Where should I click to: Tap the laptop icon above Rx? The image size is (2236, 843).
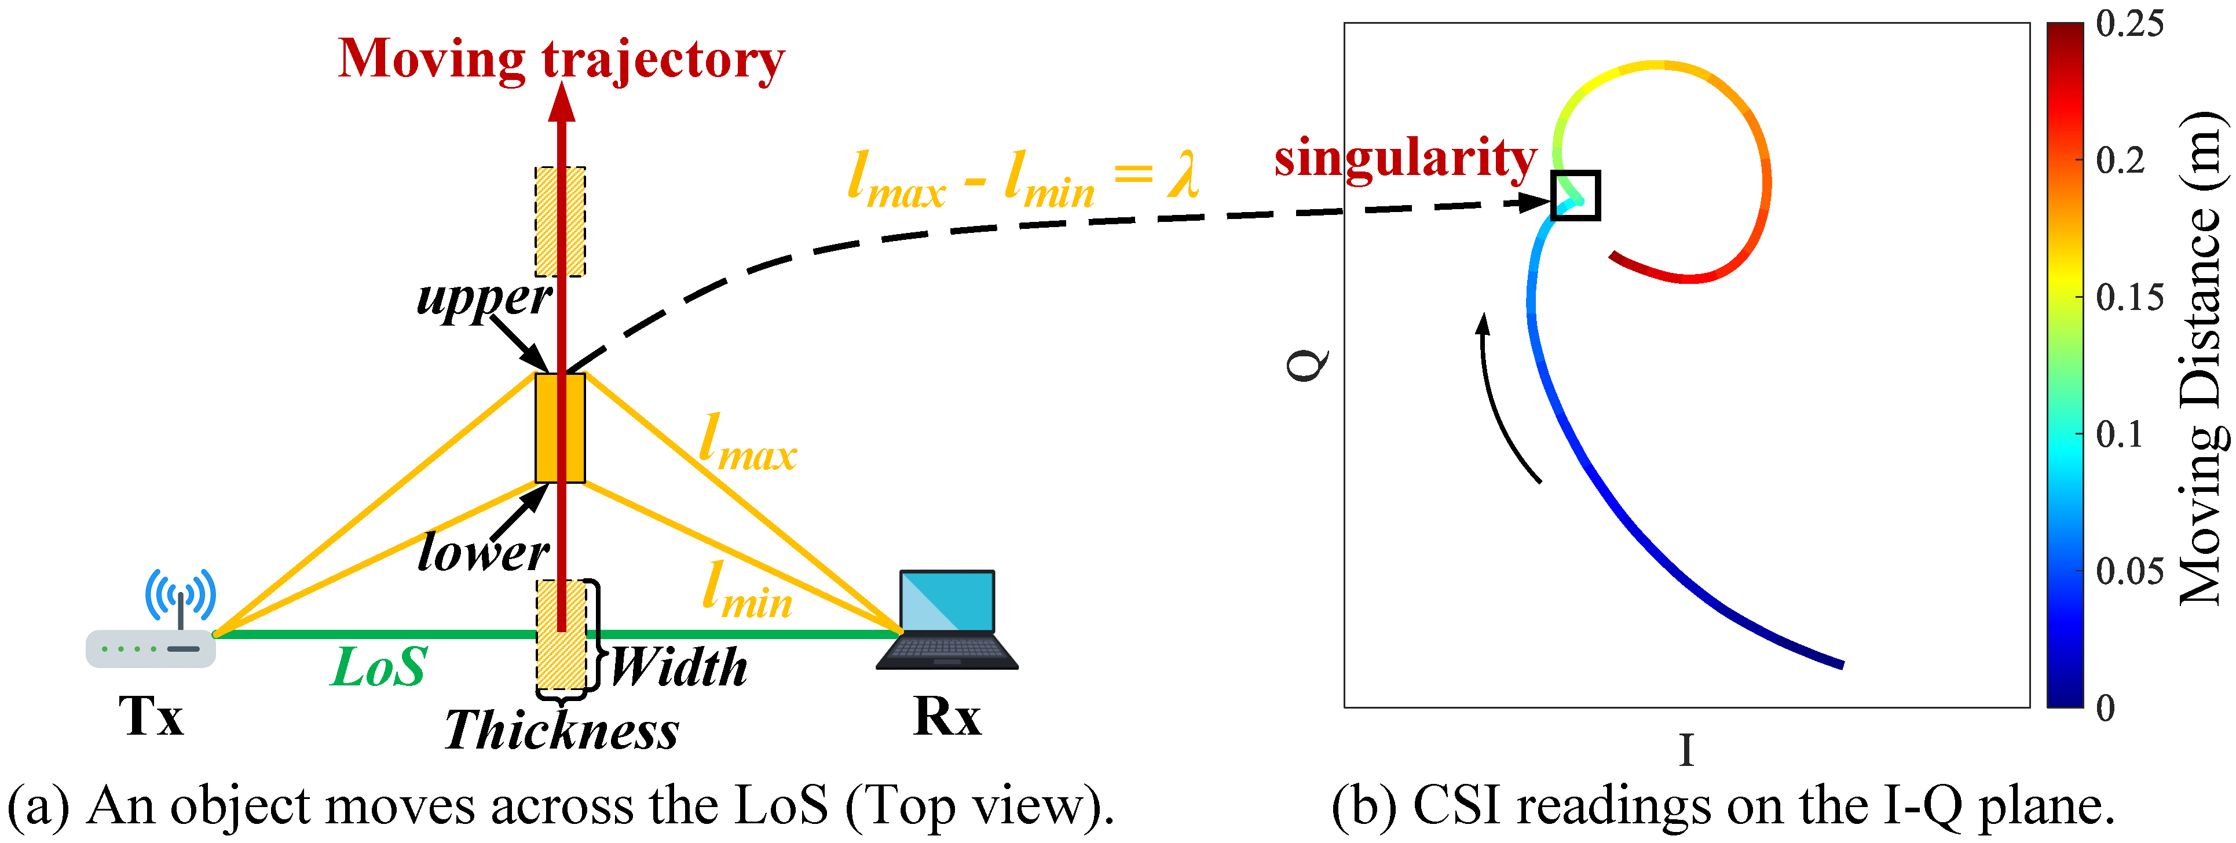pyautogui.click(x=947, y=619)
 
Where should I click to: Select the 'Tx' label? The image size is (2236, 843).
pyautogui.click(x=151, y=717)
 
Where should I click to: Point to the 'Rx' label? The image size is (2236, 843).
pyautogui.click(x=947, y=717)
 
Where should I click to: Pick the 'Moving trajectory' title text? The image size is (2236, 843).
pyautogui.click(x=561, y=59)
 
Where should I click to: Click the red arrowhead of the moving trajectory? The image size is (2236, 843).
pyautogui.click(x=562, y=103)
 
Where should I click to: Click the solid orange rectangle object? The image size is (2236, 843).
pyautogui.click(x=560, y=428)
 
